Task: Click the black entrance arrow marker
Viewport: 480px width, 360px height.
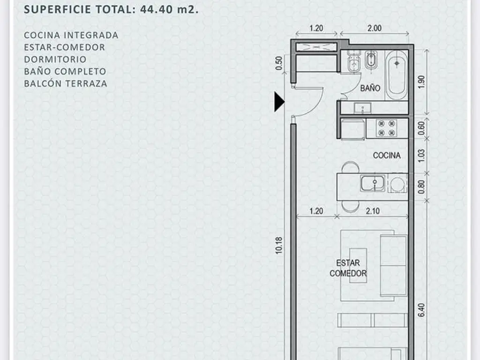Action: click(x=279, y=102)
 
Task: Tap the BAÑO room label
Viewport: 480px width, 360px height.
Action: click(x=370, y=88)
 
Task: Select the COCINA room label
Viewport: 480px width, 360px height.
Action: click(x=387, y=155)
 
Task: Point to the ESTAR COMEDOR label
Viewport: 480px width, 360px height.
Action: click(x=348, y=268)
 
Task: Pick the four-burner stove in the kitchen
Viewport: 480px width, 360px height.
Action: click(x=386, y=128)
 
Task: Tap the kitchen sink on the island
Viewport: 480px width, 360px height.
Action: click(x=373, y=183)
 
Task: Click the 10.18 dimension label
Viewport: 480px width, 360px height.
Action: click(x=278, y=245)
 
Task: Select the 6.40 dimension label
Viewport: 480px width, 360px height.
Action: click(x=421, y=310)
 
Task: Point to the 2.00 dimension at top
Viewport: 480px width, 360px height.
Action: click(x=375, y=28)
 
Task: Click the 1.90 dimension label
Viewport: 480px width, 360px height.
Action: click(x=421, y=82)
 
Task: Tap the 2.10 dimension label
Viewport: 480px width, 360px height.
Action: click(x=373, y=211)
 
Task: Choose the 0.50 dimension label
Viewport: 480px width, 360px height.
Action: click(x=278, y=63)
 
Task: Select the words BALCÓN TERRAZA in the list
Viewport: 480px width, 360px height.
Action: click(x=66, y=83)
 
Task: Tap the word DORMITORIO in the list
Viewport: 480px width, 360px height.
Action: click(x=55, y=59)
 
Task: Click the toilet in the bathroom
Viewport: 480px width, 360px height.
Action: click(x=354, y=62)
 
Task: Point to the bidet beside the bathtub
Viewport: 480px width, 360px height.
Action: click(x=371, y=60)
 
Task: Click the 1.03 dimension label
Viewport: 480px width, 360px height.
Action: click(x=421, y=156)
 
